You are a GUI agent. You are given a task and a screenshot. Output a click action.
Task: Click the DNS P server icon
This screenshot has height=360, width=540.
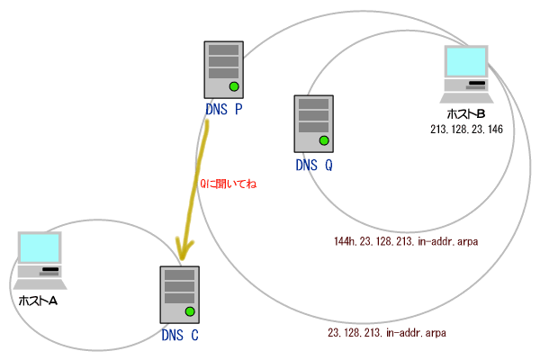coord(223,67)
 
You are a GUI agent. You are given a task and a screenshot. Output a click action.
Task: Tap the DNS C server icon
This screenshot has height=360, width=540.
coord(178,294)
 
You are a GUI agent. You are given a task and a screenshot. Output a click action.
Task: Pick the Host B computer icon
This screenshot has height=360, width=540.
coord(467,74)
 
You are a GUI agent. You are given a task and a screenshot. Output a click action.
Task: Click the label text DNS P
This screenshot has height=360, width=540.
coord(223,111)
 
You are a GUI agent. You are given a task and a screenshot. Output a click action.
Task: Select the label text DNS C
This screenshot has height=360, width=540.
coord(179,337)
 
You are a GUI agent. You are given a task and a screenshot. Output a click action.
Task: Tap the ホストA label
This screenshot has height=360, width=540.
coord(38,300)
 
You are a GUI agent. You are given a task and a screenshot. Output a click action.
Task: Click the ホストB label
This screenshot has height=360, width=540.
coord(466,114)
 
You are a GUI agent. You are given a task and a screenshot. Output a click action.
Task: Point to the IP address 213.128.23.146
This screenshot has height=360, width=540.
coord(466,130)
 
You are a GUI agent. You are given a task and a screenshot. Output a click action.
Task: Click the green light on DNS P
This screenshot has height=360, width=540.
coord(233,86)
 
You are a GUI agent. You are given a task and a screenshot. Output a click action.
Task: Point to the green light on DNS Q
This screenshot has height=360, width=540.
coord(324,140)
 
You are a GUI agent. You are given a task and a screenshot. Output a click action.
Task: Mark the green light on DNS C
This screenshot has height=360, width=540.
coord(189,311)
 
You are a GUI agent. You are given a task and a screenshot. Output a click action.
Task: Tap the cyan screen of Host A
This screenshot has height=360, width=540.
coord(40,248)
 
